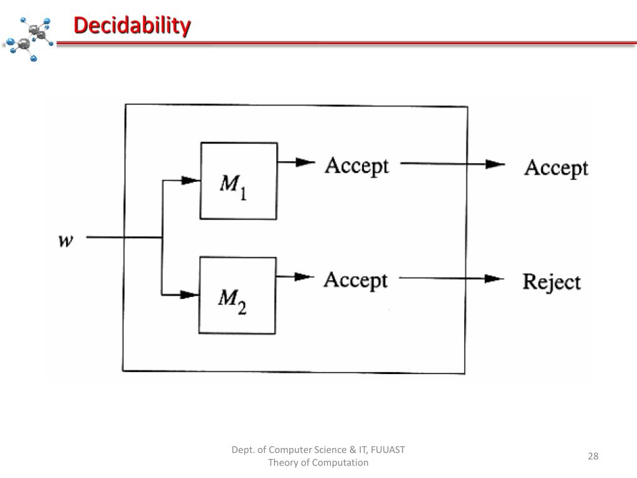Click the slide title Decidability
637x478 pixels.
click(x=132, y=26)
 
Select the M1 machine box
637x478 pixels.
click(x=238, y=180)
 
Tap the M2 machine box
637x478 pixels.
click(x=237, y=296)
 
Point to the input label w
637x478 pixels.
click(x=65, y=240)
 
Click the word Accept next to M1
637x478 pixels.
click(x=356, y=166)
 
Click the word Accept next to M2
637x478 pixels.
click(x=355, y=280)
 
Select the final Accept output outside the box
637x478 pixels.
click(x=556, y=168)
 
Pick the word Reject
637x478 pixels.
click(x=551, y=282)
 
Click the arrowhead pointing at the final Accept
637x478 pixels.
click(x=495, y=164)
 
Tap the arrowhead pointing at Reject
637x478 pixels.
click(x=494, y=278)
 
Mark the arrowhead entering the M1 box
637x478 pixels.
click(x=190, y=180)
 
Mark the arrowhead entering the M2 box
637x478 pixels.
click(x=188, y=294)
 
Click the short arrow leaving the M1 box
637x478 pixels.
click(x=296, y=162)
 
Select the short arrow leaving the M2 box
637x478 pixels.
click(x=295, y=277)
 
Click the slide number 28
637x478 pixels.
click(x=593, y=456)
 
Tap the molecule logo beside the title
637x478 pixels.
click(x=29, y=39)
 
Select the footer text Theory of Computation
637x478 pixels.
click(x=318, y=462)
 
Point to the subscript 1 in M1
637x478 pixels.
click(x=243, y=194)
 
